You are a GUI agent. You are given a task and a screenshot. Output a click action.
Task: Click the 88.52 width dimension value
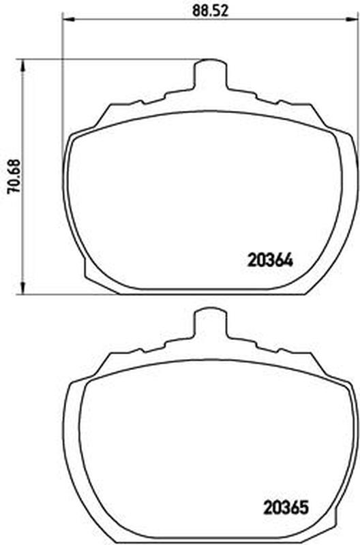point(211,11)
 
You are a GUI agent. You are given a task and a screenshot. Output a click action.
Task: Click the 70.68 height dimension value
point(15,176)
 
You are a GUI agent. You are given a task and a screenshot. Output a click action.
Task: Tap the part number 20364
point(270,260)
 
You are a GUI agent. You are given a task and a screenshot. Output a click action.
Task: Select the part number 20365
point(286,508)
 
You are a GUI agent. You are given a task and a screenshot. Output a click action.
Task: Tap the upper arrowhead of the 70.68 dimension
point(23,65)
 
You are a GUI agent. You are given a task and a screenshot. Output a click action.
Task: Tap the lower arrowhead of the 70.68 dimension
point(23,287)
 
